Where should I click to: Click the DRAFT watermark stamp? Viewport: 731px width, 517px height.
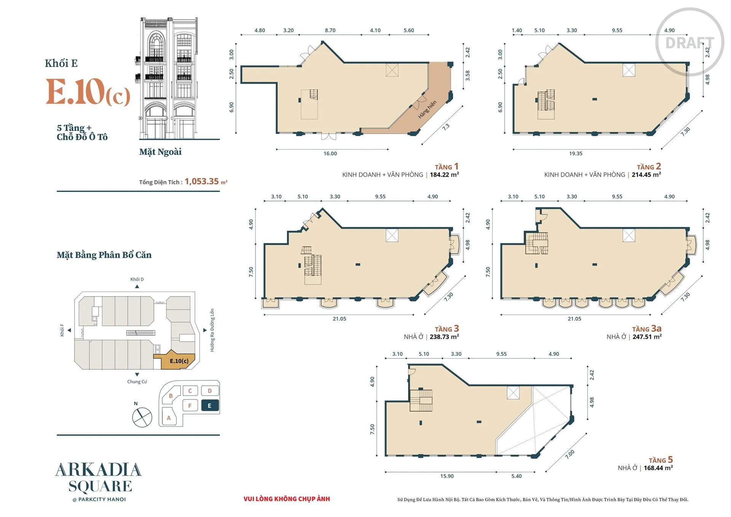click(x=690, y=42)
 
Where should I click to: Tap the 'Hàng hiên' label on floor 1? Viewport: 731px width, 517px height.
click(x=427, y=110)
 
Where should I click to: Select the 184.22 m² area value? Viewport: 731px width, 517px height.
click(x=444, y=175)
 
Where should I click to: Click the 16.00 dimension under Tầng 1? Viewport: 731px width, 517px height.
click(x=330, y=153)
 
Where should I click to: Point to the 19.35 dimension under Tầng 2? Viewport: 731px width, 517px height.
click(x=576, y=153)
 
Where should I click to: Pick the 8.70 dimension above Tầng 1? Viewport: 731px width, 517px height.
click(x=330, y=30)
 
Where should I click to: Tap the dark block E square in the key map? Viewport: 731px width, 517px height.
click(x=210, y=406)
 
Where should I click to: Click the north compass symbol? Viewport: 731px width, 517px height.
click(x=142, y=417)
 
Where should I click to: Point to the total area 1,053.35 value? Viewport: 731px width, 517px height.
click(x=202, y=181)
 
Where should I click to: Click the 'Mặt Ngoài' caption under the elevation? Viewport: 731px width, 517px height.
click(x=160, y=152)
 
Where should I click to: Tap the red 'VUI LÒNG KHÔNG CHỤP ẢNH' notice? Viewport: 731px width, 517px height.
click(x=287, y=499)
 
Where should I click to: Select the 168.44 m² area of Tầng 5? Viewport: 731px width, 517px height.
click(x=658, y=468)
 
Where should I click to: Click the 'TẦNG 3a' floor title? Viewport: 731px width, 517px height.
click(x=647, y=329)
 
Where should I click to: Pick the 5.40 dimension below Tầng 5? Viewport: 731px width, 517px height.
click(x=516, y=476)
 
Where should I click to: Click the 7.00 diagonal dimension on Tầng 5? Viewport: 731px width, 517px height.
click(x=570, y=454)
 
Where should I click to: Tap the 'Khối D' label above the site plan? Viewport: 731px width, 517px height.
click(x=137, y=279)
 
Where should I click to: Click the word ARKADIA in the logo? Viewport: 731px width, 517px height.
click(x=99, y=470)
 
